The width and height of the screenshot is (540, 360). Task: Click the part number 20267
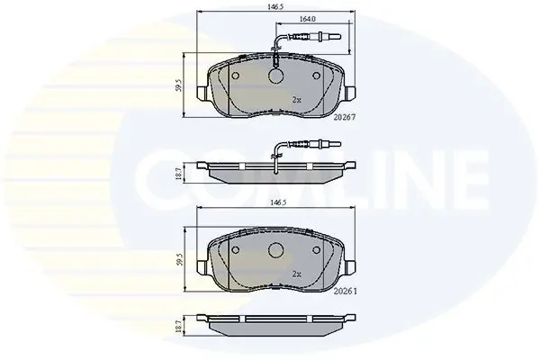[x=345, y=118]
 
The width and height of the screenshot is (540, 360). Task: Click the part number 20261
[x=346, y=292]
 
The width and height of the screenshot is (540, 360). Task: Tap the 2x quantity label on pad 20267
[x=296, y=100]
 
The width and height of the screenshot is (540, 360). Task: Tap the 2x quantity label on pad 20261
[x=296, y=274]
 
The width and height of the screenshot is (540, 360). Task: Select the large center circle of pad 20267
[x=276, y=76]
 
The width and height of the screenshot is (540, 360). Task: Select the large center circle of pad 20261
[x=276, y=250]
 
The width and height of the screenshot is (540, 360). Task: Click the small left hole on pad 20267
[x=236, y=76]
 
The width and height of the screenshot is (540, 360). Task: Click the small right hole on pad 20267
[x=316, y=76]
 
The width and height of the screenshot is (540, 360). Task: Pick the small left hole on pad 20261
[x=236, y=250]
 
